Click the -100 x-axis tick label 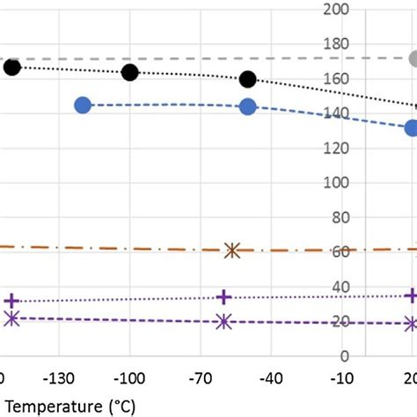pyautogui.click(x=129, y=378)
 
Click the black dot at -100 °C pyautogui.click(x=130, y=72)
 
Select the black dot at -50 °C pyautogui.click(x=248, y=79)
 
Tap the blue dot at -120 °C pyautogui.click(x=84, y=105)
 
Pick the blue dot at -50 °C pyautogui.click(x=247, y=106)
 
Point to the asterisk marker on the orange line pyautogui.click(x=232, y=251)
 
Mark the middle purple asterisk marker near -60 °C pyautogui.click(x=223, y=322)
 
